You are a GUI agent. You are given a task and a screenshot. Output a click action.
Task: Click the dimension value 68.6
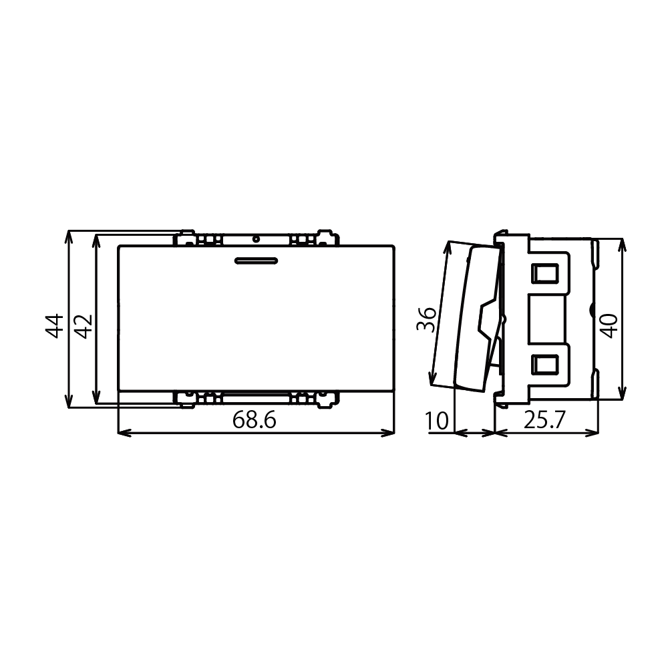tap(255, 420)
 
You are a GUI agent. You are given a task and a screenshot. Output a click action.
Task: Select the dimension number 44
tap(55, 327)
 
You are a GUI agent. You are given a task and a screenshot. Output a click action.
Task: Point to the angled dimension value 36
tap(426, 319)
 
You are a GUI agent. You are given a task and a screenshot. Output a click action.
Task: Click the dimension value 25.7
tap(544, 420)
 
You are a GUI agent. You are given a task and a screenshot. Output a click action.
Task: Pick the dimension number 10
tap(437, 421)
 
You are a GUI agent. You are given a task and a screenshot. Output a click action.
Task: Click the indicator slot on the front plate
tap(256, 261)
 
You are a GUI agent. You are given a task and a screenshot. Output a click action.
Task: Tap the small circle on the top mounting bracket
tap(256, 239)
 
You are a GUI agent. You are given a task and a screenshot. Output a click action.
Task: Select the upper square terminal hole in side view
tap(545, 273)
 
